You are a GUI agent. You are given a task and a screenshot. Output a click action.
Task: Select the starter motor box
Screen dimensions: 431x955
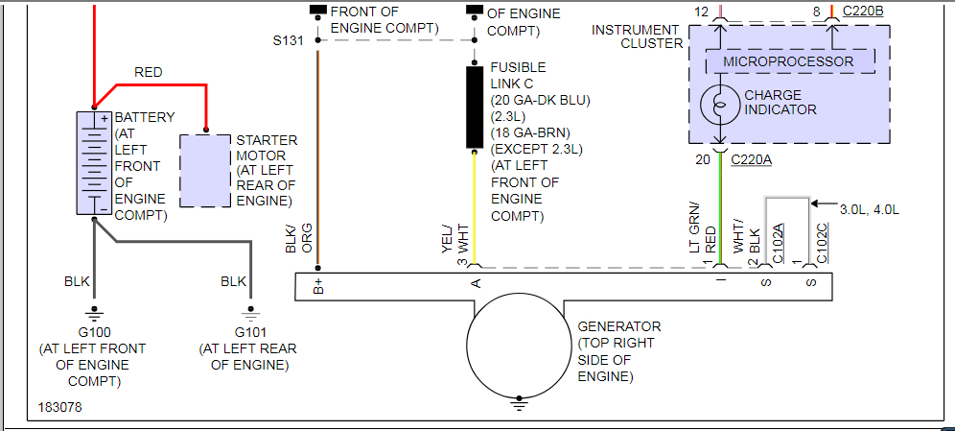(205, 171)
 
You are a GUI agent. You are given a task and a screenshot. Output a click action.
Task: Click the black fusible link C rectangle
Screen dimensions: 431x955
(475, 107)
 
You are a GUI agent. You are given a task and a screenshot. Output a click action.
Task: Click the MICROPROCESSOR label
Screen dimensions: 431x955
(788, 61)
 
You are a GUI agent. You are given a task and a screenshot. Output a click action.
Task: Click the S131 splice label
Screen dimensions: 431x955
(289, 40)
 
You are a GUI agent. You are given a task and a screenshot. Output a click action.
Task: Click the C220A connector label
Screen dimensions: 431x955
(751, 159)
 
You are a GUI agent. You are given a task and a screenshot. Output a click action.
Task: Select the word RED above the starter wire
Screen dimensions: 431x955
(149, 72)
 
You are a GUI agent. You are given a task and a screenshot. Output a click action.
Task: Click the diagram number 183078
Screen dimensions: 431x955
(60, 408)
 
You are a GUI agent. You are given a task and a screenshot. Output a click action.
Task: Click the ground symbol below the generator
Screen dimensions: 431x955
(520, 404)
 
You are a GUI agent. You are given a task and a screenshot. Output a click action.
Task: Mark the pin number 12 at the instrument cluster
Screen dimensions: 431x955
(703, 11)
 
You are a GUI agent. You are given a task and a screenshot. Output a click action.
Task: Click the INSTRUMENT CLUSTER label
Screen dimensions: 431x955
(637, 36)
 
